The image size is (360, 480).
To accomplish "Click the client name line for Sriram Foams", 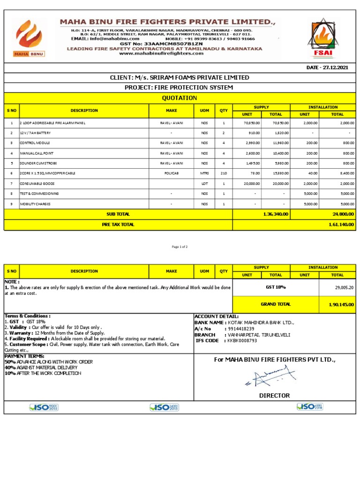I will [x=180, y=77].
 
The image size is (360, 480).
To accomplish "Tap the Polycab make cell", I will [x=171, y=173].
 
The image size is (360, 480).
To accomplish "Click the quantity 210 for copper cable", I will [x=224, y=173].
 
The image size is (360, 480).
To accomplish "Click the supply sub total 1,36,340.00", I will [x=276, y=214].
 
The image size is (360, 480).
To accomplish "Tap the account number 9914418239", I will [x=242, y=329].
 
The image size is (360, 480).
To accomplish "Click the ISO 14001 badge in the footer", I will [x=164, y=407].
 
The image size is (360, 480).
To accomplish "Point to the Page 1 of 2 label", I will [x=180, y=247].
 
